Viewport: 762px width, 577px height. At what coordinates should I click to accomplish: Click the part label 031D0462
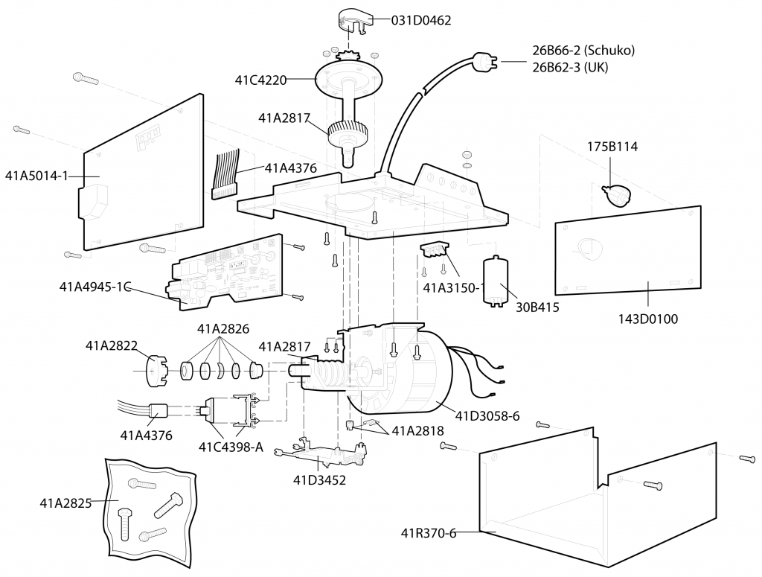coord(421,20)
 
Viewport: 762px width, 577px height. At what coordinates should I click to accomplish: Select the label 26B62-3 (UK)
coord(570,67)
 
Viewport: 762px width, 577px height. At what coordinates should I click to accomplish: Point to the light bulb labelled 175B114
coord(616,196)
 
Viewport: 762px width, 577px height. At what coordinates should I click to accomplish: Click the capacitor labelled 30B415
coord(495,281)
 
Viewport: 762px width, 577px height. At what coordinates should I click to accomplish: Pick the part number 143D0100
coord(648,319)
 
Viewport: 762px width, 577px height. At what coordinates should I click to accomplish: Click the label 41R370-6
coord(428,533)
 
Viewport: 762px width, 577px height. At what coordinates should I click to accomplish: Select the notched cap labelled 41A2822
coord(157,371)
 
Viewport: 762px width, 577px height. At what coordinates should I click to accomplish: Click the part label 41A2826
coord(223,329)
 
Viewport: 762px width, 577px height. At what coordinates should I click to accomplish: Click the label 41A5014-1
coord(36,176)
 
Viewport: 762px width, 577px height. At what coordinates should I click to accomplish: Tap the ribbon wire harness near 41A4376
coord(225,174)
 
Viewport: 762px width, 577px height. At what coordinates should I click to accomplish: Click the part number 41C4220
coord(260,80)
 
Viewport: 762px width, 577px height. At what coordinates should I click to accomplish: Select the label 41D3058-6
coord(487,416)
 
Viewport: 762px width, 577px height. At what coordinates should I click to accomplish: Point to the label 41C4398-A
coord(231,447)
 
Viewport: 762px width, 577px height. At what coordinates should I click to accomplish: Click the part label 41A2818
coord(417,430)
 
